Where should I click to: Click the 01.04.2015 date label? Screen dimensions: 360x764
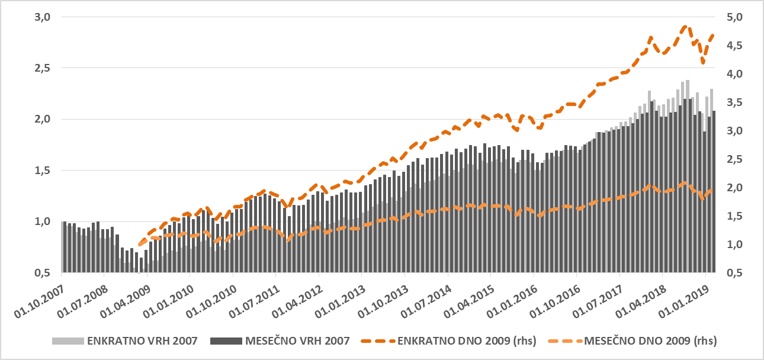coord(471,297)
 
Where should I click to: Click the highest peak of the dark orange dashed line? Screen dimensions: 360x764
coord(685,26)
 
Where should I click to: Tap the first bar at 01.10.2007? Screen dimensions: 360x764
coord(63,247)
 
